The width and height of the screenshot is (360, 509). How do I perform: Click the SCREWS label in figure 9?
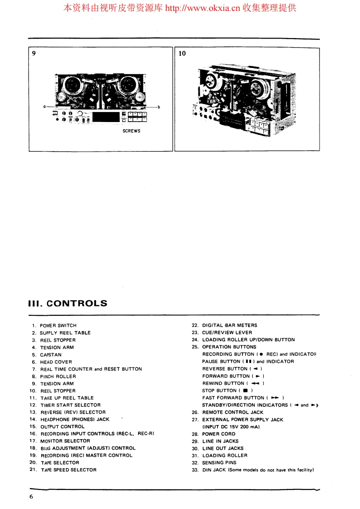point(131,131)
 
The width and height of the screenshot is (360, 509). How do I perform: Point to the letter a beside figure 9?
point(44,107)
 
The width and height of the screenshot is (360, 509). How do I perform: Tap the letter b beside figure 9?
point(159,107)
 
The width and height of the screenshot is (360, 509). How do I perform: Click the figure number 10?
point(182,54)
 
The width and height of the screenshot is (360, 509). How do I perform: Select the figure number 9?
point(34,54)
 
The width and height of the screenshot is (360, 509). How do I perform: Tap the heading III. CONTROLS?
point(68,303)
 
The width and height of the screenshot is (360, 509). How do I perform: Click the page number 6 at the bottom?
point(31,496)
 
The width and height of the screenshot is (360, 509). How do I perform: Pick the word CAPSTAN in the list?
point(51,355)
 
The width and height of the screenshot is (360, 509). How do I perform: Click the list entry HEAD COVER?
point(56,362)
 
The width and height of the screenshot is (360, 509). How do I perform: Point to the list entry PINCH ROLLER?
point(58,376)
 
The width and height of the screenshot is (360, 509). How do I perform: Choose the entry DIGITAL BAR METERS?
point(229,325)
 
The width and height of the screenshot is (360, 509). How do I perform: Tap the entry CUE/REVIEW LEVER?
point(227,333)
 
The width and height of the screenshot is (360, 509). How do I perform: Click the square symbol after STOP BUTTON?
point(246,391)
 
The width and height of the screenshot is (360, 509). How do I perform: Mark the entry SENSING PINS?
point(219,463)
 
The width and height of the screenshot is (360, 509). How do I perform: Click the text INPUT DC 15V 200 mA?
point(231,427)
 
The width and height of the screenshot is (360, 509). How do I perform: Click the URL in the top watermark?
point(202,8)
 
